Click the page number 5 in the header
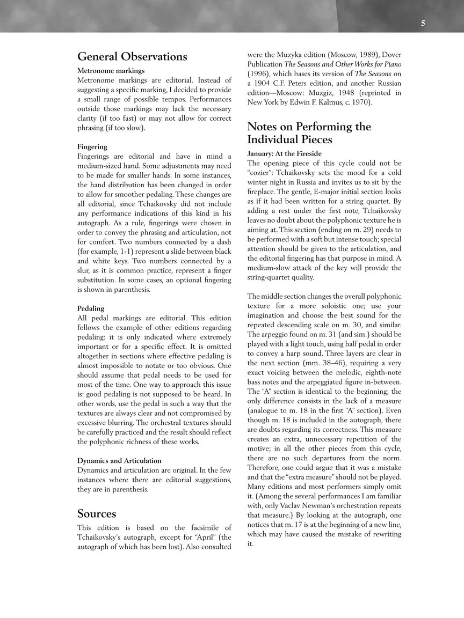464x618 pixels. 423,23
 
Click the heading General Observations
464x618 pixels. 132,57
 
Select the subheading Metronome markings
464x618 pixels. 111,70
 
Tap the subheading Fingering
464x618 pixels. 92,146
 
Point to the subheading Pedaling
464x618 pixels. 91,308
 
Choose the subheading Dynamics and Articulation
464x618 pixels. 119,460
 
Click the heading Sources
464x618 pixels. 97,514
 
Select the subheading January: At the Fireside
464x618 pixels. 284,153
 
